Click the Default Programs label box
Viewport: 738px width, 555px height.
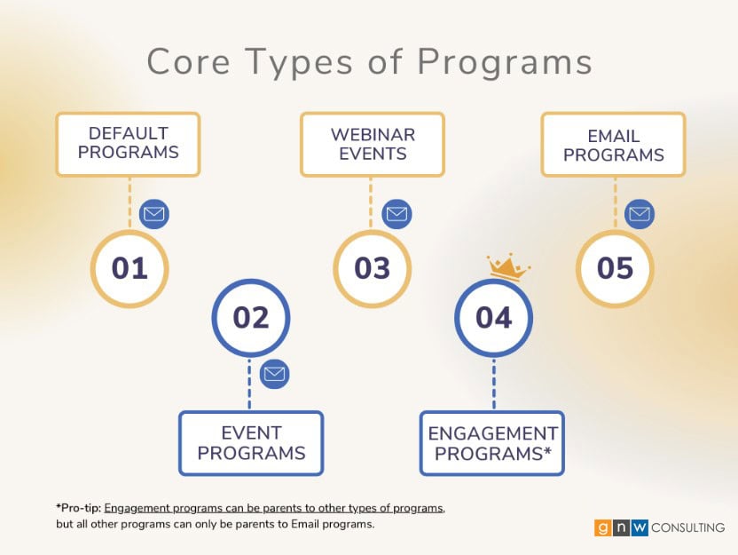[x=128, y=144]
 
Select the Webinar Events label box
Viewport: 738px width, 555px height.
[x=373, y=144]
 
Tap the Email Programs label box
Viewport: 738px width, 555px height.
[x=613, y=144]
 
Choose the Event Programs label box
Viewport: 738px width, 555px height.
[x=251, y=443]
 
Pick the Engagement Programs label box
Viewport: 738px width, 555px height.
[x=491, y=443]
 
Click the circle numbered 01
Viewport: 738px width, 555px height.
[x=130, y=268]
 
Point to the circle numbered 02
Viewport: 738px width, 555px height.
[x=251, y=318]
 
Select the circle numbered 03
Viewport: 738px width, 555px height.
[x=373, y=268]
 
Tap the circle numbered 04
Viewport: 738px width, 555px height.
[x=494, y=318]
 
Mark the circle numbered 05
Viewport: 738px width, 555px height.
[x=616, y=268]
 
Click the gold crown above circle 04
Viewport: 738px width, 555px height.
[x=507, y=268]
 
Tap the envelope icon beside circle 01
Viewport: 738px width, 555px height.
[x=154, y=214]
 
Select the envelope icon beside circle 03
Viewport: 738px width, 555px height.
[x=396, y=214]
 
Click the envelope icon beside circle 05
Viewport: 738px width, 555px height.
[x=640, y=214]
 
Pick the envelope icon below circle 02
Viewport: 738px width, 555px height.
[x=274, y=374]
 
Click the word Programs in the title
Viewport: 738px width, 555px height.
[x=505, y=63]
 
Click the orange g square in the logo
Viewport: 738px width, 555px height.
[x=602, y=527]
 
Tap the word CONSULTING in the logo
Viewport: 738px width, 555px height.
[x=687, y=527]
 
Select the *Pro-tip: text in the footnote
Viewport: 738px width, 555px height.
[x=79, y=508]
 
